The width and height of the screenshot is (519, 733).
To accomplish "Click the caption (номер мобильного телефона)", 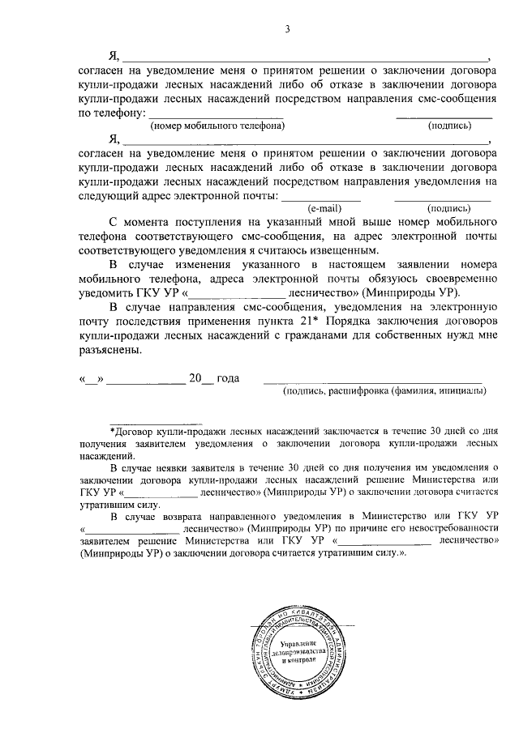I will tap(217, 126).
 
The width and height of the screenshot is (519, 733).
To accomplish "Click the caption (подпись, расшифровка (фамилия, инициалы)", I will tap(384, 391).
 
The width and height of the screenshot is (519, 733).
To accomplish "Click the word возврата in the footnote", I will tap(180, 515).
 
